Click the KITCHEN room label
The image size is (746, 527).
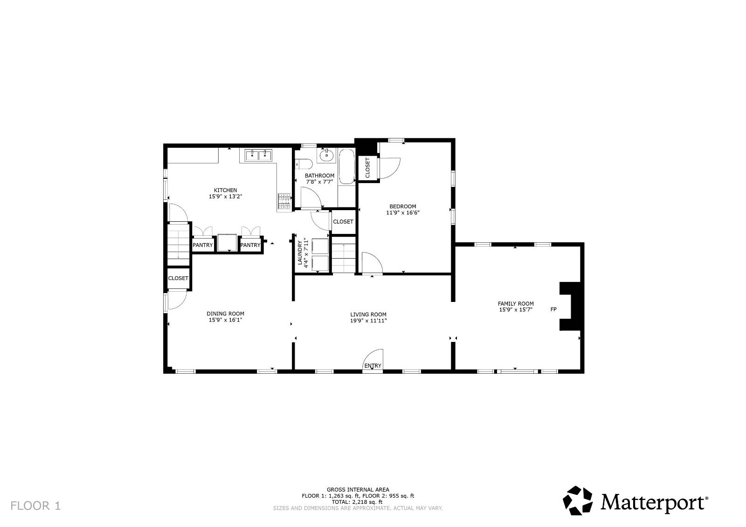226,190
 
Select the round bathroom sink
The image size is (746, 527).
327,155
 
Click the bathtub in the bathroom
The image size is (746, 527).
347,166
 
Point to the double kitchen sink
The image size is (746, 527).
258,155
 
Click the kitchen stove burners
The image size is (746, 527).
284,201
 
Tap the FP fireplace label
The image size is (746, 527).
553,309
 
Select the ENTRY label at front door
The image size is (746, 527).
373,366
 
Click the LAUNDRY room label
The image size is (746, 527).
300,253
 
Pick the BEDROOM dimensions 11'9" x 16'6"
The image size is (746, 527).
403,212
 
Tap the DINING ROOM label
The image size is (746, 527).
226,314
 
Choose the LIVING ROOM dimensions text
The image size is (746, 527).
368,321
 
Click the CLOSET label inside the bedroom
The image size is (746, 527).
368,167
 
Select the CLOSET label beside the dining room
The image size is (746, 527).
178,278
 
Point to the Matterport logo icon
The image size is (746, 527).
578,500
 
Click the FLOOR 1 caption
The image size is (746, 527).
35,506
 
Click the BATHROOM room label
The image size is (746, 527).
319,176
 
